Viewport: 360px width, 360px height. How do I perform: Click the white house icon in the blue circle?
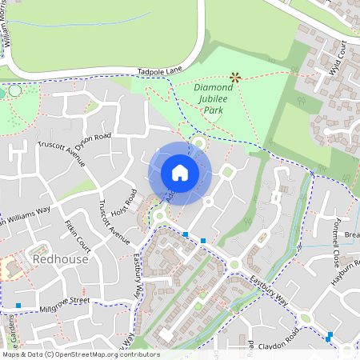click(179, 173)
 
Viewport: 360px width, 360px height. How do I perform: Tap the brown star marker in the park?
click(234, 78)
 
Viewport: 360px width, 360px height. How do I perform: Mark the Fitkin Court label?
click(80, 237)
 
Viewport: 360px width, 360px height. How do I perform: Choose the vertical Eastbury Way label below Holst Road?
click(137, 271)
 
